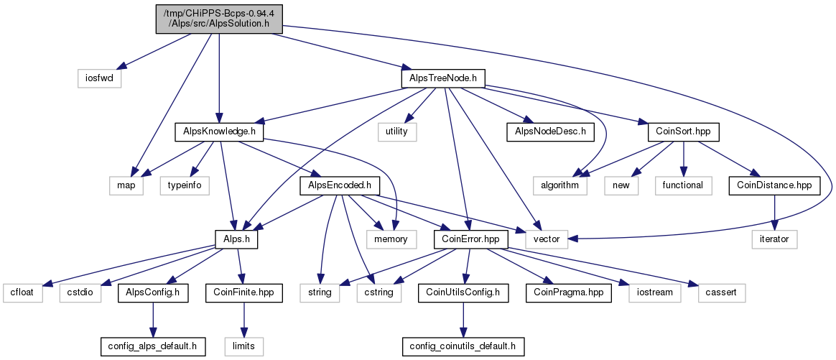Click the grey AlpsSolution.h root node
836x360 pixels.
click(218, 19)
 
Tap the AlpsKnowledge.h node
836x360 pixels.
click(219, 132)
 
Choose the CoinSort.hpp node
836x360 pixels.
click(684, 132)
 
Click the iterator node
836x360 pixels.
click(775, 239)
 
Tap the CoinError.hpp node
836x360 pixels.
click(467, 239)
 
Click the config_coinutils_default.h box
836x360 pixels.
click(463, 346)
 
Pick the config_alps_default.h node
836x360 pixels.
click(153, 346)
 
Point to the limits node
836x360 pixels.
click(243, 346)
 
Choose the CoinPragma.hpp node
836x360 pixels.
click(569, 293)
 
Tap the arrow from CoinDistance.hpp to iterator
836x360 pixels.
click(775, 213)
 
